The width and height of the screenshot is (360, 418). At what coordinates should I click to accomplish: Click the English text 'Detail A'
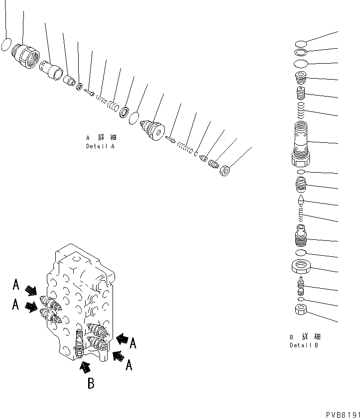coord(100,147)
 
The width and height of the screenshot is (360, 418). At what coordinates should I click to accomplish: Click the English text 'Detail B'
coord(304,345)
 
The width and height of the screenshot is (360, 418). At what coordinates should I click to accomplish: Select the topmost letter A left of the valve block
coord(16,285)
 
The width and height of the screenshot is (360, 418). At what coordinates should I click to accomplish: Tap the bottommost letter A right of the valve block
coord(129,366)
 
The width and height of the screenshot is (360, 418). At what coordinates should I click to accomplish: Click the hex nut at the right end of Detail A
coord(225,170)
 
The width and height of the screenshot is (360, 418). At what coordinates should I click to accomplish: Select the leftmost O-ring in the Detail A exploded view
coord(5,45)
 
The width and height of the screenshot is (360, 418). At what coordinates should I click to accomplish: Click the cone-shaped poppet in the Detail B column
coord(300,201)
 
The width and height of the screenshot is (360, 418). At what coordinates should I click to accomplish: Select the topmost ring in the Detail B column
coord(301,43)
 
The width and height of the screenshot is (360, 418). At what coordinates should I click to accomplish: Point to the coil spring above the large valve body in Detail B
coord(301,110)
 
